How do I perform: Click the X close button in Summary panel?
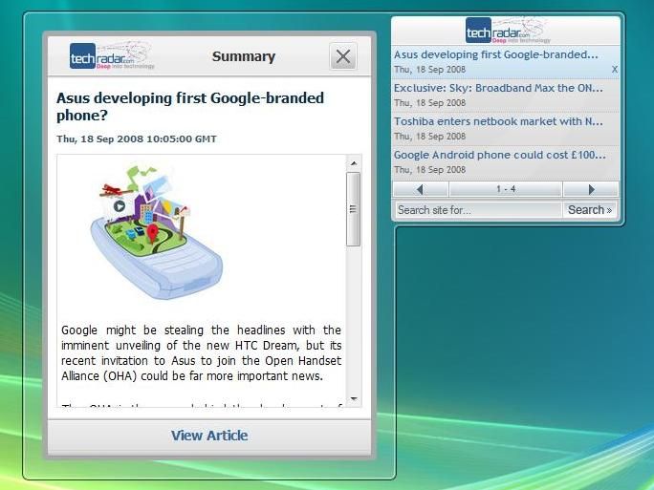pyautogui.click(x=342, y=57)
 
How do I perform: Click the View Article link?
pyautogui.click(x=209, y=436)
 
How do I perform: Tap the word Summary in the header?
pyautogui.click(x=243, y=57)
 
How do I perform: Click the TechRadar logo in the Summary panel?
pyautogui.click(x=110, y=56)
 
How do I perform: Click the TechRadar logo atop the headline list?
pyautogui.click(x=507, y=31)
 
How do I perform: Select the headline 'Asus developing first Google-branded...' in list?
pyautogui.click(x=495, y=55)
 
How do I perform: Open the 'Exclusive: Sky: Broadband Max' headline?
pyautogui.click(x=498, y=88)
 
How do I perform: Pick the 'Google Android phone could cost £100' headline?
pyautogui.click(x=499, y=154)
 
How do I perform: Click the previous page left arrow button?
pyautogui.click(x=420, y=189)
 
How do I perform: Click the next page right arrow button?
pyautogui.click(x=591, y=189)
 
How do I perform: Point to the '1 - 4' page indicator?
pyautogui.click(x=506, y=189)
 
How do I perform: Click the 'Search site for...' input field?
pyautogui.click(x=477, y=210)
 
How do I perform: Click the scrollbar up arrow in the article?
pyautogui.click(x=353, y=163)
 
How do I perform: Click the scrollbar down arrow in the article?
pyautogui.click(x=353, y=398)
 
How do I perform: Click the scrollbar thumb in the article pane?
pyautogui.click(x=353, y=208)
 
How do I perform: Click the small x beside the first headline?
pyautogui.click(x=614, y=70)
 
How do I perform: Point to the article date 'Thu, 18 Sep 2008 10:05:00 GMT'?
pyautogui.click(x=137, y=138)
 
